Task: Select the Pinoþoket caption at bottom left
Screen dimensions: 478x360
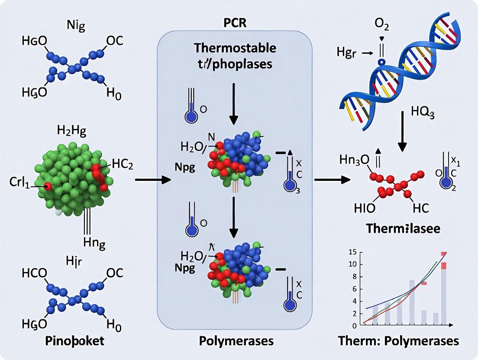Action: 75,341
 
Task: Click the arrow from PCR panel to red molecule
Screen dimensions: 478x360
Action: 332,179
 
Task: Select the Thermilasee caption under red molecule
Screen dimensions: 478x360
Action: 403,228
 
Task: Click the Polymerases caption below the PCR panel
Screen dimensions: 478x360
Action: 236,341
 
